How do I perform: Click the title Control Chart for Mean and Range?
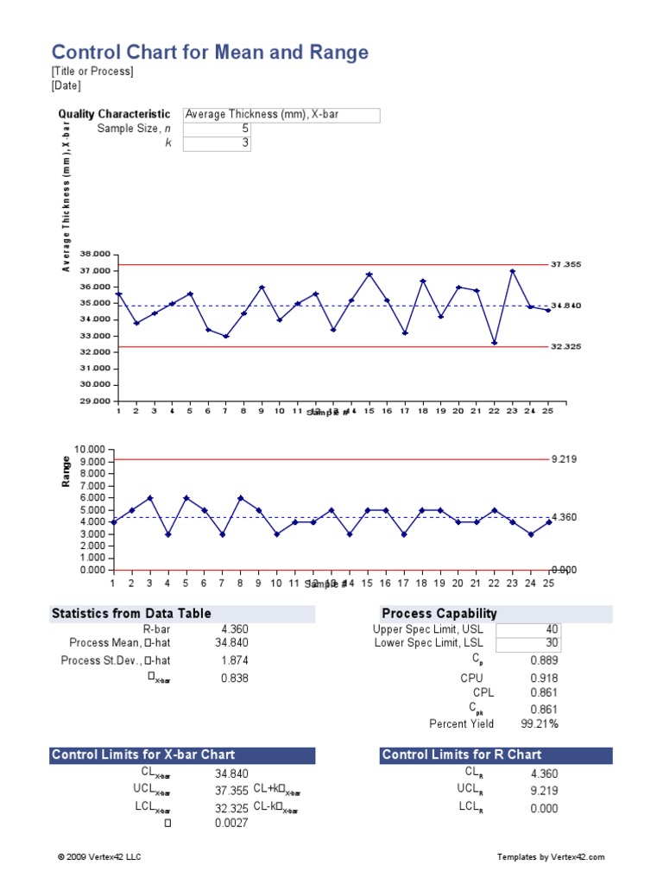click(x=210, y=53)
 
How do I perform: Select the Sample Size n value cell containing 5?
click(x=217, y=129)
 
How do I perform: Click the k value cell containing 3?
click(x=217, y=143)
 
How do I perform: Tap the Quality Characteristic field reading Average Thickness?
click(x=281, y=114)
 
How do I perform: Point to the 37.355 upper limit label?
click(x=566, y=264)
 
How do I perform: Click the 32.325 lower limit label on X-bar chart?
click(x=566, y=346)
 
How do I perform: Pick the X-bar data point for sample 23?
click(x=513, y=271)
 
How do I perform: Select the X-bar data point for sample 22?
click(x=495, y=343)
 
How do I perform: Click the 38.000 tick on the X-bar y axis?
click(x=95, y=254)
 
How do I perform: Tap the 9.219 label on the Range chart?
click(x=564, y=460)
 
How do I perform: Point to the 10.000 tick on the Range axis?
click(x=90, y=450)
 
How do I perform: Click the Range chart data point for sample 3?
click(x=150, y=498)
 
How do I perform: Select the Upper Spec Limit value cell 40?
click(x=527, y=629)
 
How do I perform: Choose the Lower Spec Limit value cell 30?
click(x=527, y=644)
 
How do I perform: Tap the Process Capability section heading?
click(x=439, y=614)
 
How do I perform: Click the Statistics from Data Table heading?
click(x=131, y=614)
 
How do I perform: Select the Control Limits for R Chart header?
click(x=462, y=755)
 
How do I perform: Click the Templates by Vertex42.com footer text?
click(x=551, y=856)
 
